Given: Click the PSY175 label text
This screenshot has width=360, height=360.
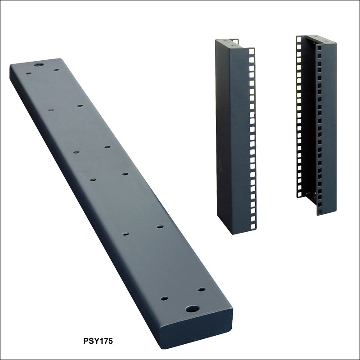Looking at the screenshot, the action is point(98,341).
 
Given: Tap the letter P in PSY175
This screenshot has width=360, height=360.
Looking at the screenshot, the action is point(86,341).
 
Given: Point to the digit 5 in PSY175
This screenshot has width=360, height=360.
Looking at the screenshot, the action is point(110,341).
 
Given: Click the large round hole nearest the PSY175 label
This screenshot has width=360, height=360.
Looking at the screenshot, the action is point(193,309).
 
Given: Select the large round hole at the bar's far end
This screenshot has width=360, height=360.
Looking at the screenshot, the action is point(39,64).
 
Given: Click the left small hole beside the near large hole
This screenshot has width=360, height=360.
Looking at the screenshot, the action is point(164,299).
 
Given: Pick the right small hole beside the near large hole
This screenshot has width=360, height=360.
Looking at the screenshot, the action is point(202,289).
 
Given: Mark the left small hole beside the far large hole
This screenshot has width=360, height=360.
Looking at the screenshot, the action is point(28,73).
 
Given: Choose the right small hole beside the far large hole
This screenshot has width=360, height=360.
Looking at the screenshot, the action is point(56,70).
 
